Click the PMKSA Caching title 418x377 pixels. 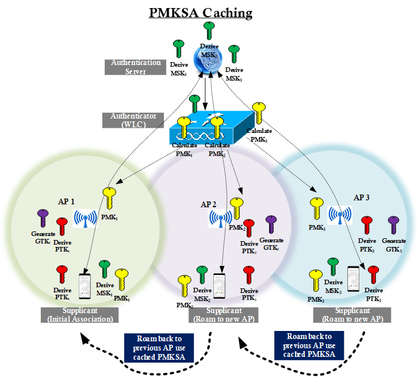click(x=209, y=13)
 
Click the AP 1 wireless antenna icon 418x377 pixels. click(x=86, y=218)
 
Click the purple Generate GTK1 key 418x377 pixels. click(x=43, y=219)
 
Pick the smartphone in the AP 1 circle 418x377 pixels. click(x=85, y=286)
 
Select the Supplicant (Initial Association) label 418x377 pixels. click(x=80, y=315)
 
